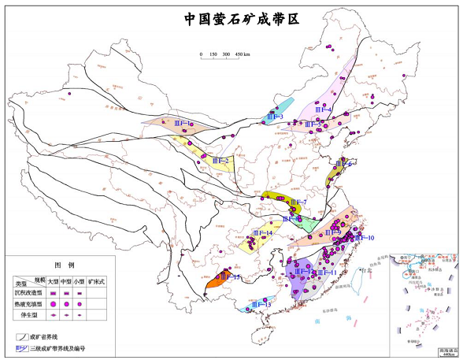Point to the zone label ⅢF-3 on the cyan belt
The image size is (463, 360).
point(275,117)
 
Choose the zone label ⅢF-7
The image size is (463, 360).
point(298,202)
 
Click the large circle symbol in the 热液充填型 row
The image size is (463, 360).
point(53,303)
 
